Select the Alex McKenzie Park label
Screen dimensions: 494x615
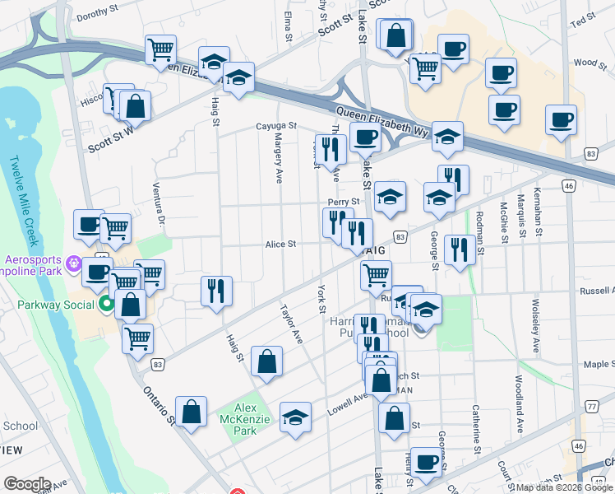(247, 415)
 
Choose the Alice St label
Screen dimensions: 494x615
(280, 244)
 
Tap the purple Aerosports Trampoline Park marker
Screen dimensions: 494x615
(75, 264)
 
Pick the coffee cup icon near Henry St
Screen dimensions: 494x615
(425, 461)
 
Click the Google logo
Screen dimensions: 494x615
(27, 484)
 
